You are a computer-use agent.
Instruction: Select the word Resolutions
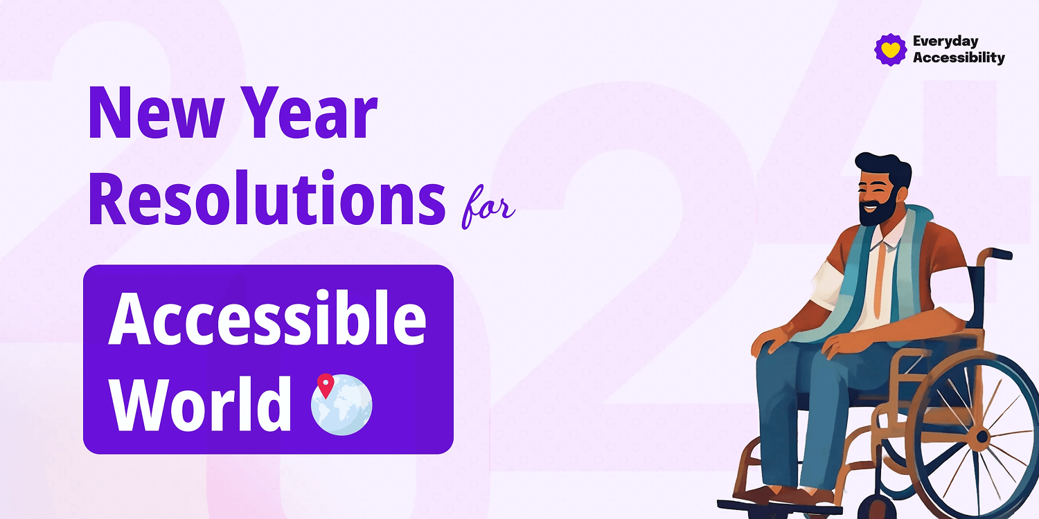click(x=267, y=197)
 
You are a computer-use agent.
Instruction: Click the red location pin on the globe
click(x=325, y=385)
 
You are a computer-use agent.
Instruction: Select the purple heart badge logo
click(x=890, y=50)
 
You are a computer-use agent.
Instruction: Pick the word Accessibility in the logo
click(x=958, y=58)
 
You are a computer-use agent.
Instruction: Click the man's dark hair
click(x=883, y=165)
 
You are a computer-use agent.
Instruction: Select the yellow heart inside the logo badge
click(x=890, y=50)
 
